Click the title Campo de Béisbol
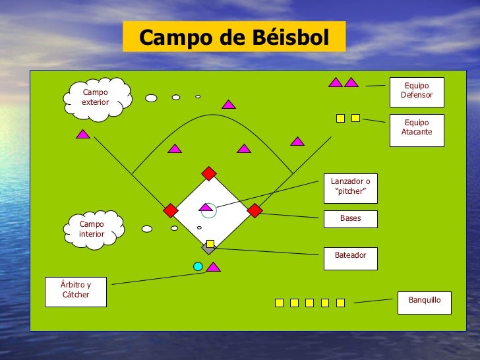(233, 38)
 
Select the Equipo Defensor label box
(416, 92)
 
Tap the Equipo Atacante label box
(416, 129)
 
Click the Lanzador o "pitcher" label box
(350, 187)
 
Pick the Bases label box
(350, 219)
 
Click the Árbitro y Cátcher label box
(76, 292)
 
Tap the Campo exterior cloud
(96, 98)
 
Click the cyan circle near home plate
(198, 266)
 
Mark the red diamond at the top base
(209, 173)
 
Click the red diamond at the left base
(170, 210)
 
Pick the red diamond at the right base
(255, 210)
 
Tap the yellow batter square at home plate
(210, 243)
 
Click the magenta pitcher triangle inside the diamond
(206, 208)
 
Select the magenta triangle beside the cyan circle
(213, 268)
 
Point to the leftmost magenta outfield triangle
(82, 135)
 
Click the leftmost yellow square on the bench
(279, 303)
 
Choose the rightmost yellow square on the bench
(340, 303)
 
